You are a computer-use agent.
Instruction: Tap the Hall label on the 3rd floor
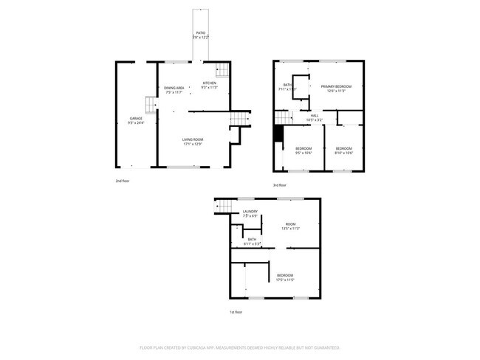click(314, 117)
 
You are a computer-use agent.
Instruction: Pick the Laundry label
click(250, 214)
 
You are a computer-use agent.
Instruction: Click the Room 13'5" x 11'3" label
click(291, 226)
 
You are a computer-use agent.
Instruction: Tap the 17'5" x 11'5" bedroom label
click(284, 277)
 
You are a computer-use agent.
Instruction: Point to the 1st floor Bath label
click(252, 240)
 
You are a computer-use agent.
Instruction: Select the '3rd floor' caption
click(280, 185)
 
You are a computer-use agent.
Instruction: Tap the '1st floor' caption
click(236, 312)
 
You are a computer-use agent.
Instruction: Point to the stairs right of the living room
click(239, 120)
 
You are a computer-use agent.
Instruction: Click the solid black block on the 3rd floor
click(278, 134)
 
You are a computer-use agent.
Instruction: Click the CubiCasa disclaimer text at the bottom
click(240, 347)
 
